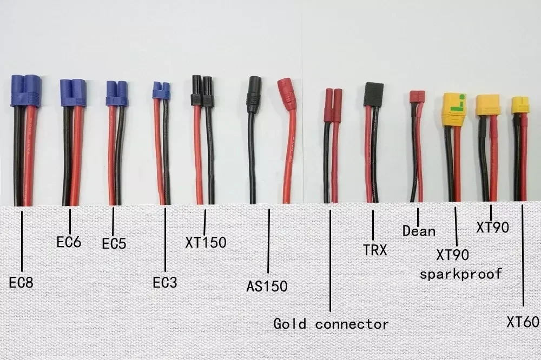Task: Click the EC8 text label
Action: pyautogui.click(x=22, y=282)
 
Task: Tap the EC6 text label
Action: pyautogui.click(x=69, y=242)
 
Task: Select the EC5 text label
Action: pyautogui.click(x=114, y=244)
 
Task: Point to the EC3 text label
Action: pyautogui.click(x=165, y=282)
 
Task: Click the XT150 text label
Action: pyautogui.click(x=206, y=242)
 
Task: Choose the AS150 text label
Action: pyautogui.click(x=267, y=286)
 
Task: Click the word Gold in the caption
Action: pyautogui.click(x=289, y=324)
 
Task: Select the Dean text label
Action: pyautogui.click(x=419, y=231)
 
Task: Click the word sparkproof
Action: pyautogui.click(x=461, y=274)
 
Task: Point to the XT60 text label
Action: pyautogui.click(x=523, y=323)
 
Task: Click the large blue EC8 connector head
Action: pyautogui.click(x=26, y=90)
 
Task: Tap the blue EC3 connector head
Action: pyautogui.click(x=161, y=90)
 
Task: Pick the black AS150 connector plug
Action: pyautogui.click(x=254, y=94)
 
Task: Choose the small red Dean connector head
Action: pyautogui.click(x=416, y=97)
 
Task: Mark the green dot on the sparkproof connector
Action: pyautogui.click(x=461, y=97)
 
